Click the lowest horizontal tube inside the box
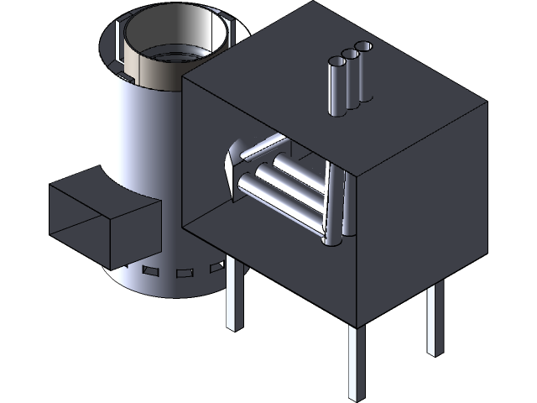[277, 201]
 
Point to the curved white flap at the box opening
[231, 168]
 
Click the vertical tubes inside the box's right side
[340, 206]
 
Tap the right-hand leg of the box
[434, 319]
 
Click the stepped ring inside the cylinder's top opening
[176, 57]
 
